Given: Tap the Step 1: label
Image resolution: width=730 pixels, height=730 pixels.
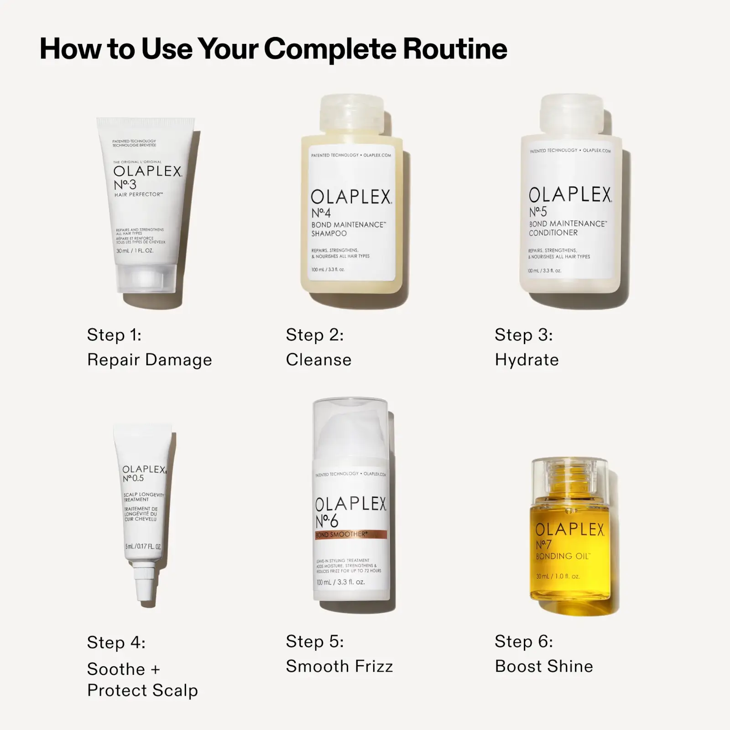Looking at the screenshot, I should [x=114, y=335].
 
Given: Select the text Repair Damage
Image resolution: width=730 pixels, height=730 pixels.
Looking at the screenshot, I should [x=149, y=360].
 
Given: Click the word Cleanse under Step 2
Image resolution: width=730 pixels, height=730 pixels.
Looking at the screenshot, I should [x=318, y=360].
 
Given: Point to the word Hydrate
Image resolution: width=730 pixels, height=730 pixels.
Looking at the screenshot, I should [x=527, y=360].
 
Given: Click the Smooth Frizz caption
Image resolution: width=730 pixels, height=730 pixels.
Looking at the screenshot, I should [x=339, y=667].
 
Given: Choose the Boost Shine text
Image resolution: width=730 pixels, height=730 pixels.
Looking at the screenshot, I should [x=544, y=667].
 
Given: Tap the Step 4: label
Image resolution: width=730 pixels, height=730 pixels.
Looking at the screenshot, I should [x=116, y=642].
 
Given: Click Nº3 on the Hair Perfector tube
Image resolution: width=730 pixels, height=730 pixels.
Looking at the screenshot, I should [x=125, y=185].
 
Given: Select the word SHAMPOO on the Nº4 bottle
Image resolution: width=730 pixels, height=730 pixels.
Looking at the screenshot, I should [x=329, y=234].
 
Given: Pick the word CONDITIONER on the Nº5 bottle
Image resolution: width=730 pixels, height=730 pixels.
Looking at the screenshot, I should [x=553, y=233].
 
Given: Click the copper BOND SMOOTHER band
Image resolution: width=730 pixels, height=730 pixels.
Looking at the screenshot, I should [x=350, y=534].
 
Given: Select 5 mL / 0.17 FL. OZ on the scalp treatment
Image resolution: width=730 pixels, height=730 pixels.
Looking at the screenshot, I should [x=142, y=547].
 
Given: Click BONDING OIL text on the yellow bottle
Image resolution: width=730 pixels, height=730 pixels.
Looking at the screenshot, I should [x=562, y=556].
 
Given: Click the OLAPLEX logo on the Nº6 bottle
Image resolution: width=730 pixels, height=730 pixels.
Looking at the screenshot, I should [x=350, y=504].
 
